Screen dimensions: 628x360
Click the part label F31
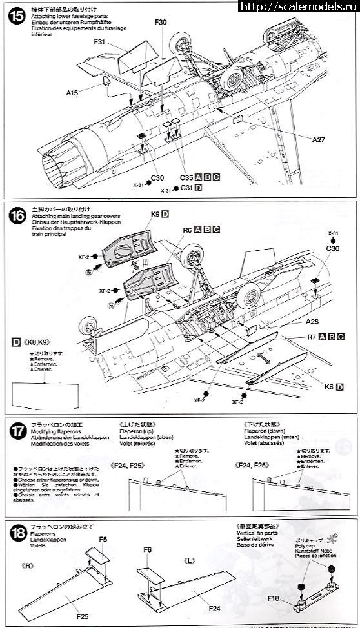pos(99,43)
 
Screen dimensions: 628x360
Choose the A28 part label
pos(314,322)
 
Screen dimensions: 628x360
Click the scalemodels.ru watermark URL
pos(298,7)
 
